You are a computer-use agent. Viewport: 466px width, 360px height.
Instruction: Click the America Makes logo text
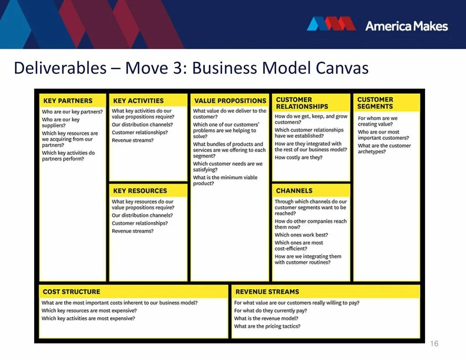[x=406, y=26]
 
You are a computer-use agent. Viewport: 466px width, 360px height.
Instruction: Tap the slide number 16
[x=434, y=344]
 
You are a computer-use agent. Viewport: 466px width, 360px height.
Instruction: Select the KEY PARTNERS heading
[x=68, y=101]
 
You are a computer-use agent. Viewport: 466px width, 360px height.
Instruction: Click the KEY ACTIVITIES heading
[x=138, y=101]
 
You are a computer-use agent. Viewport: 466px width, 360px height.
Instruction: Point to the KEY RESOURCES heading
[x=140, y=191]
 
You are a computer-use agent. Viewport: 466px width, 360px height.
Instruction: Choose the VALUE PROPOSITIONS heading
[x=230, y=101]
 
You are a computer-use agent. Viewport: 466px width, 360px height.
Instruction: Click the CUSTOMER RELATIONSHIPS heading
[x=302, y=103]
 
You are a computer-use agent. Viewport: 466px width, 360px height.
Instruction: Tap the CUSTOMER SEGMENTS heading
[x=375, y=103]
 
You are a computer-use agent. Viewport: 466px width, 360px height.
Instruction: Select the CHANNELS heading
[x=294, y=191]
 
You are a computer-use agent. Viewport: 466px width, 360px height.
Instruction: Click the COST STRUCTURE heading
[x=71, y=291]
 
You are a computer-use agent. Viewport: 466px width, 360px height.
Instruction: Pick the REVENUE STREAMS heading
[x=267, y=291]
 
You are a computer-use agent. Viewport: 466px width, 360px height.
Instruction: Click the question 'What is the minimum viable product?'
[x=225, y=180]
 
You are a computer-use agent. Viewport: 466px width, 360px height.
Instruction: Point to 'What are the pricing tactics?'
[x=267, y=326]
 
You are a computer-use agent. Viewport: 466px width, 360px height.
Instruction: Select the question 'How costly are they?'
[x=299, y=157]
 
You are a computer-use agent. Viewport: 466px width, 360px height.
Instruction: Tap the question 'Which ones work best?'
[x=301, y=235]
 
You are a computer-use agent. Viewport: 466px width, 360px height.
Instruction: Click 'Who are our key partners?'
[x=72, y=112]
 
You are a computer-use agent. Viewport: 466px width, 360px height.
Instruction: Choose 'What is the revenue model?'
[x=266, y=318]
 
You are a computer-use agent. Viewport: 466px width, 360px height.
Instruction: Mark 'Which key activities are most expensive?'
[x=88, y=318]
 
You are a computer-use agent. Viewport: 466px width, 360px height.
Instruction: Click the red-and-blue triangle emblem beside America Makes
[x=331, y=24]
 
